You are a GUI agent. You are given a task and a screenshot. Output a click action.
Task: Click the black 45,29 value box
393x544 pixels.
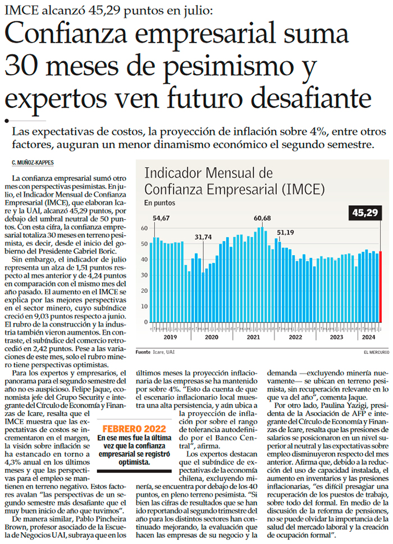coord(365,213)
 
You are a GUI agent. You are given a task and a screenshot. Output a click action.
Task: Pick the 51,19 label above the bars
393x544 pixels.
coord(285,232)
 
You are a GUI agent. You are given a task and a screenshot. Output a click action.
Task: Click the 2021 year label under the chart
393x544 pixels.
coord(253,338)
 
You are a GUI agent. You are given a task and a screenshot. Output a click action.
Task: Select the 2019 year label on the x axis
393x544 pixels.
coord(170,338)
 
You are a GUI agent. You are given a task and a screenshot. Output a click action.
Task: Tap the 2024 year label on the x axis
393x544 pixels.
coord(368,338)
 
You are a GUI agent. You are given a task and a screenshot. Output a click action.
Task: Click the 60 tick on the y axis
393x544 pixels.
coord(144,228)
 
